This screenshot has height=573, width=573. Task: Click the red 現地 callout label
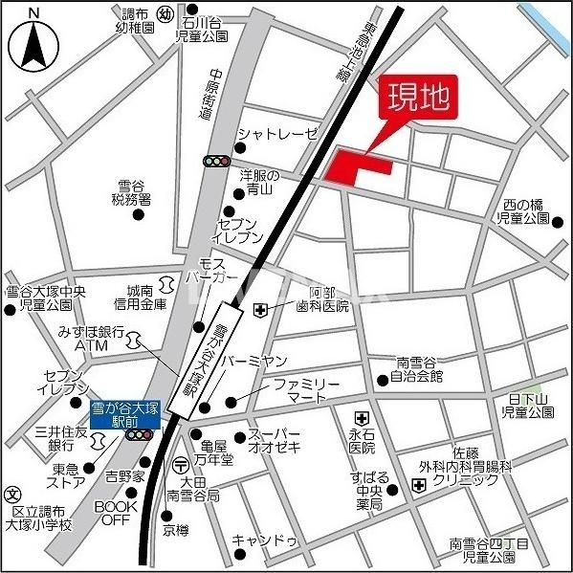pos(416,99)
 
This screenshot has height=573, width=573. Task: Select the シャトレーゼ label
pos(276,134)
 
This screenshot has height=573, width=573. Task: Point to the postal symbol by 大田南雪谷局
pos(181,466)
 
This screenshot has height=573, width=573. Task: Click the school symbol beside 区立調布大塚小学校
pos(12,495)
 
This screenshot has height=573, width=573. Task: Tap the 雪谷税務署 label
pos(131,192)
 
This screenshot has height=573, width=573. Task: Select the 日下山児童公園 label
pos(527,404)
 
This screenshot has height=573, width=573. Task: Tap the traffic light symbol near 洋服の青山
pos(216,162)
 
